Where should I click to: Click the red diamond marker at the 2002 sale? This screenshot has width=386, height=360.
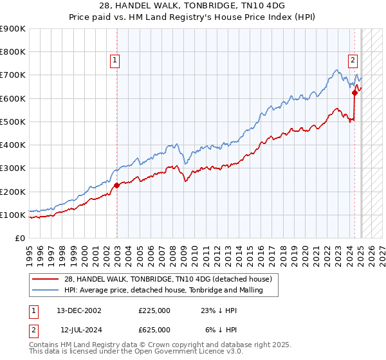point(116,186)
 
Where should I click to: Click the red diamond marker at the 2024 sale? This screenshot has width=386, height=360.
point(354,93)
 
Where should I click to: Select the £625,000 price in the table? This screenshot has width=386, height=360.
point(154,330)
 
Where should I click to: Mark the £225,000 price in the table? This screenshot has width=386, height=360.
point(154,310)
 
